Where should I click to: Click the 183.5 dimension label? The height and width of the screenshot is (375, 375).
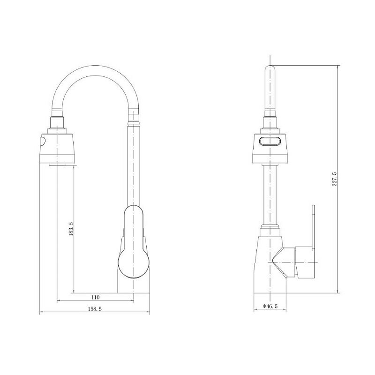[x=71, y=229]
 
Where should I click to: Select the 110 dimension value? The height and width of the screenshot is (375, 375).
[x=95, y=297]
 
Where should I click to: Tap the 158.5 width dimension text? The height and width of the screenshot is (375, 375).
[x=95, y=309]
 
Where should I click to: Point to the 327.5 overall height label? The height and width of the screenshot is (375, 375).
[x=334, y=179]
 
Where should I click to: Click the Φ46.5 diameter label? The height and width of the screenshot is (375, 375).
[x=270, y=306]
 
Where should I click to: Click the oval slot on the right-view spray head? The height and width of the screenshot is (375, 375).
[x=270, y=141]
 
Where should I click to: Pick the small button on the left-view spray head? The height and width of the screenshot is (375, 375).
[x=43, y=141]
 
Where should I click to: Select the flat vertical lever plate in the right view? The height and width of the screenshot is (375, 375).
[x=313, y=228]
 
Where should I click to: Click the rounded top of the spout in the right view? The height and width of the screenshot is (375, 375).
[x=270, y=67]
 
